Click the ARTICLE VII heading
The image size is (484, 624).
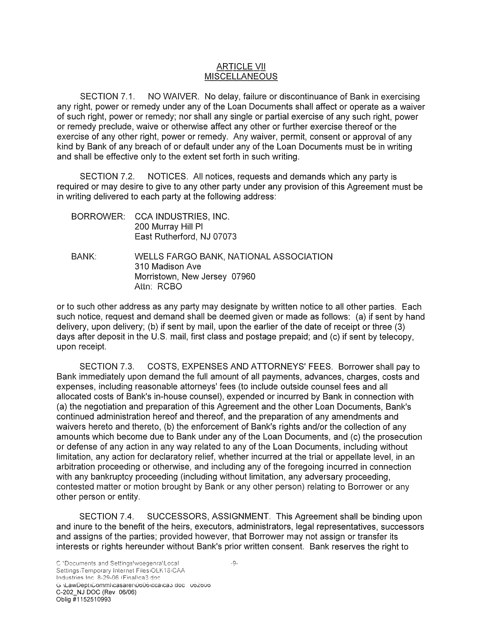(x=241, y=67)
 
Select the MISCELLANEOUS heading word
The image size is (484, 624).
(x=241, y=76)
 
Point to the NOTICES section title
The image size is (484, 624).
(x=168, y=177)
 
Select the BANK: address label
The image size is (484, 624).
(x=84, y=257)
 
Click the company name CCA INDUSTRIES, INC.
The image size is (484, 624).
(x=182, y=217)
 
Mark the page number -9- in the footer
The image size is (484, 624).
(x=234, y=563)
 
